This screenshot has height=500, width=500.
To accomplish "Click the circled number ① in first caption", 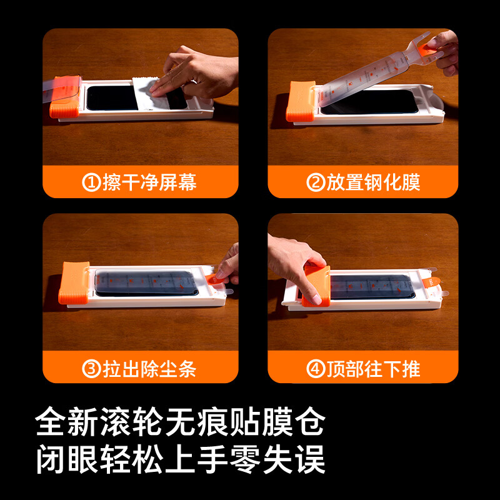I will click(x=92, y=182).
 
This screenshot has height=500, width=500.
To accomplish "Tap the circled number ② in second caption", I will click(x=316, y=182).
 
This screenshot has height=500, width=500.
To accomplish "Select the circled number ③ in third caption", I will click(x=92, y=369).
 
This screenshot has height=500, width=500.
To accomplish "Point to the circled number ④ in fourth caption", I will click(x=316, y=369).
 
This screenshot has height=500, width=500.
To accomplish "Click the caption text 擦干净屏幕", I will click(x=149, y=182).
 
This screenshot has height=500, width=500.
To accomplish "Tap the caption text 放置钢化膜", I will click(x=373, y=182).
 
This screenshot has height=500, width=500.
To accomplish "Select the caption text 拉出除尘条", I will click(x=149, y=369).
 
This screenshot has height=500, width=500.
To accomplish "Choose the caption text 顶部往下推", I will click(x=373, y=369).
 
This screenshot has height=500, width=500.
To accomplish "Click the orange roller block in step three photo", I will click(x=74, y=282).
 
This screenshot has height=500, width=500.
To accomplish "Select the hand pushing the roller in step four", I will click(x=294, y=259).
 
